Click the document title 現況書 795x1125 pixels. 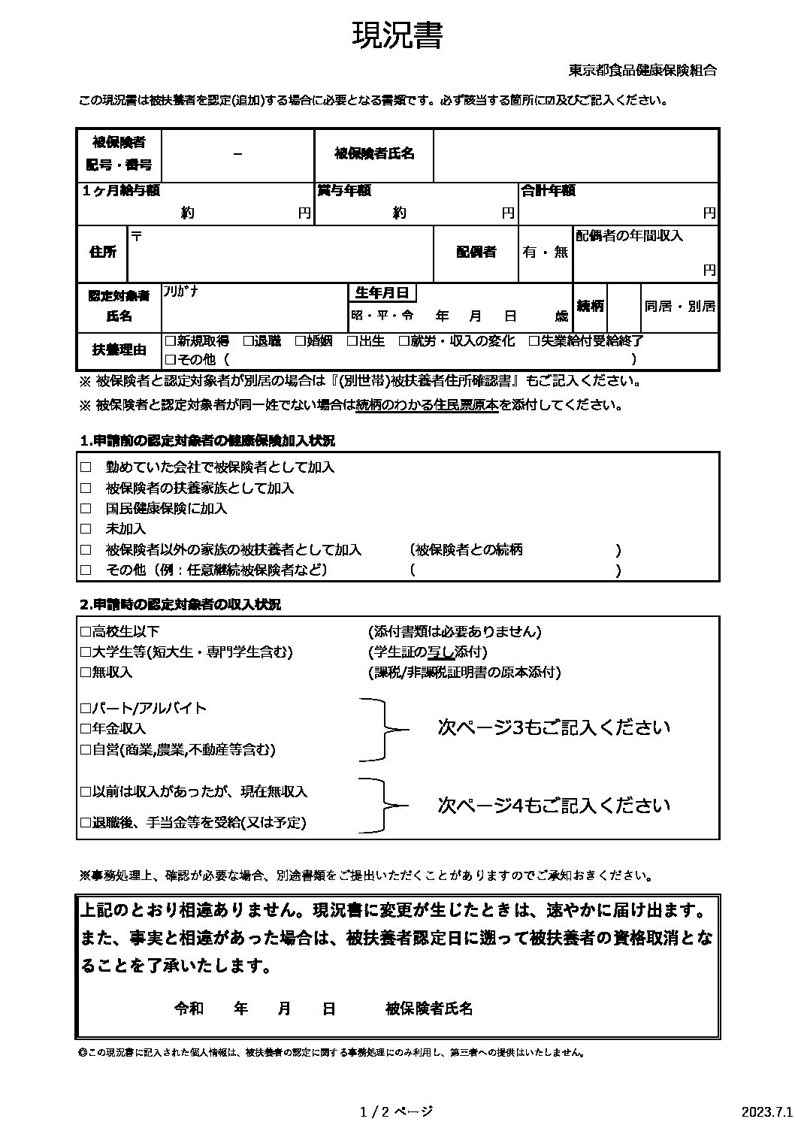click(397, 36)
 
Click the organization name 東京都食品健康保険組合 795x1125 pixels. click(642, 71)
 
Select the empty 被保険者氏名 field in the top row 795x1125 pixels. click(575, 154)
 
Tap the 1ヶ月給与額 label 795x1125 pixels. click(121, 191)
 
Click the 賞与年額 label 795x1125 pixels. click(344, 191)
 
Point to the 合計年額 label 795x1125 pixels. click(549, 191)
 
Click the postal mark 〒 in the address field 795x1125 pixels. click(137, 236)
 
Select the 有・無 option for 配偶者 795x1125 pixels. click(546, 253)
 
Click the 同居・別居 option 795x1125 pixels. click(679, 307)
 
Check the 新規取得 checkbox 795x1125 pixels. click(170, 341)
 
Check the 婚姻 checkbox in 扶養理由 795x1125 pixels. click(301, 341)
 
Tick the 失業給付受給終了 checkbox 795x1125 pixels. click(534, 341)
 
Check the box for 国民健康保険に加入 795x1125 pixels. click(86, 509)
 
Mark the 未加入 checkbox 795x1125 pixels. click(86, 529)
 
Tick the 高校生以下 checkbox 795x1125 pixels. click(85, 632)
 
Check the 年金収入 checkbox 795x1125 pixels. click(85, 728)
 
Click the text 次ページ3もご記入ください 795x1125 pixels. click(554, 727)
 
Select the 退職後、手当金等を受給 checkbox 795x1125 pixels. click(85, 823)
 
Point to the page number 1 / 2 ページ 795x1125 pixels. click(397, 1111)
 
